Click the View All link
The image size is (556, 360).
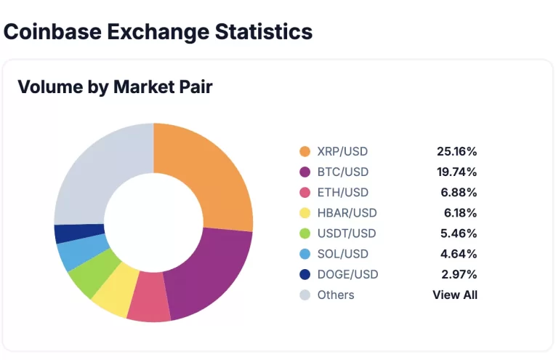pos(455,295)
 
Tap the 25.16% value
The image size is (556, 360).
pos(456,151)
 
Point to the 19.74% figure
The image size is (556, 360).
pos(456,172)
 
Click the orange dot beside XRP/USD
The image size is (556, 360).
pos(305,151)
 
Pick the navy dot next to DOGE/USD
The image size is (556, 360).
pos(305,274)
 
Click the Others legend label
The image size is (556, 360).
pos(336,295)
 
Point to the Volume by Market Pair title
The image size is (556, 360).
pos(115,87)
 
